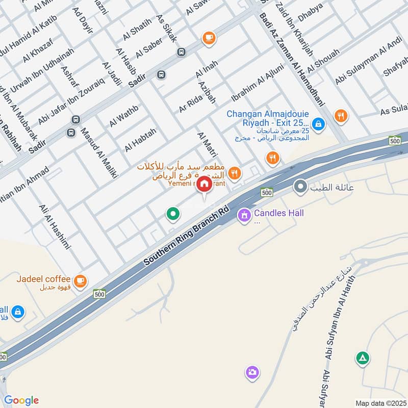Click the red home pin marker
tap(204, 185)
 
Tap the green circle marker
tap(173, 214)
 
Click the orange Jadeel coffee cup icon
tap(80, 280)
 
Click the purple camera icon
tap(251, 372)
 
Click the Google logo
tap(21, 400)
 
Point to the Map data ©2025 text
tap(380, 403)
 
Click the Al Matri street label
tap(208, 144)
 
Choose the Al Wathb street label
tap(124, 116)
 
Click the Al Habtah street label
tap(140, 139)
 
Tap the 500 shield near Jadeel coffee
tap(99, 294)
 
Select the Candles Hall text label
tap(278, 213)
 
